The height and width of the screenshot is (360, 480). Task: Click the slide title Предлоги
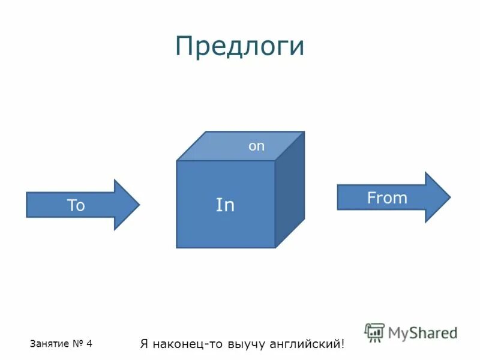239,46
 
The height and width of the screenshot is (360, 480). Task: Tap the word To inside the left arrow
76,206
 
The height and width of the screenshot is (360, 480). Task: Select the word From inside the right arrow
387,198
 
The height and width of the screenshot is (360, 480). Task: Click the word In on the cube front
225,205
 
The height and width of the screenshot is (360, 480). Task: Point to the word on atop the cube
256,146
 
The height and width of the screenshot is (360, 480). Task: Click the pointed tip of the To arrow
139,205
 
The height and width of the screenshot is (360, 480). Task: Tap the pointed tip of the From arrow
449,197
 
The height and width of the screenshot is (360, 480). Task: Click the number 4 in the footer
89,344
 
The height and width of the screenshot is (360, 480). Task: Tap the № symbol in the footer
77,344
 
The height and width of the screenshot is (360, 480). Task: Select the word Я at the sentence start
144,344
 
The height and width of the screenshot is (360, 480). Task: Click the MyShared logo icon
374,332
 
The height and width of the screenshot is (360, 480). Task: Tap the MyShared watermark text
422,332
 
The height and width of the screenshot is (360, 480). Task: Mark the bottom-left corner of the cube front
177,247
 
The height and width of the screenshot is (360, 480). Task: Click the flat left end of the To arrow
27,205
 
